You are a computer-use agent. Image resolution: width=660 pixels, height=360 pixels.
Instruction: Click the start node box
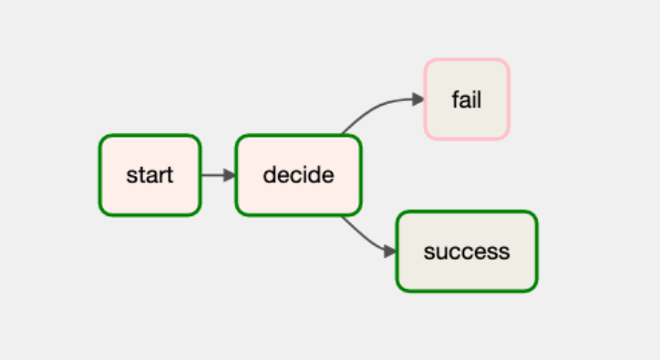click(x=150, y=175)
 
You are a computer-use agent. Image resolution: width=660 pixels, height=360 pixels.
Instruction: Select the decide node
click(x=298, y=175)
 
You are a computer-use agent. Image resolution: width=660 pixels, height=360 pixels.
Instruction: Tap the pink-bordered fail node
click(x=466, y=99)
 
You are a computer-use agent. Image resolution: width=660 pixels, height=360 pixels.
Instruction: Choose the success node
click(x=466, y=252)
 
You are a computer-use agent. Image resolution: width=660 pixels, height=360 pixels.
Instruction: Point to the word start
click(x=150, y=175)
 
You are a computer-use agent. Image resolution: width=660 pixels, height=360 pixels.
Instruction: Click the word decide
click(x=298, y=175)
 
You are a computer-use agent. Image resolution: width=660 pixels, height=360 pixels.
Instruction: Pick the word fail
click(x=466, y=99)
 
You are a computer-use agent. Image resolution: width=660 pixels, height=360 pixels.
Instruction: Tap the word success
click(x=466, y=252)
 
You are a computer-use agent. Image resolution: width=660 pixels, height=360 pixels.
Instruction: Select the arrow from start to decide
click(x=215, y=175)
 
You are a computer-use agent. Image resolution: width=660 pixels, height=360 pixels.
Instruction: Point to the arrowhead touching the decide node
click(x=229, y=175)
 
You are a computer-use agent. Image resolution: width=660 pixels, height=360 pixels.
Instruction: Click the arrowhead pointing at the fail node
click(x=418, y=99)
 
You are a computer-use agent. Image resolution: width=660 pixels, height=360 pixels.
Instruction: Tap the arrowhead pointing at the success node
click(x=389, y=251)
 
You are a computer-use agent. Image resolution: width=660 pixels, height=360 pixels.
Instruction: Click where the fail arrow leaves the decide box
click(x=343, y=135)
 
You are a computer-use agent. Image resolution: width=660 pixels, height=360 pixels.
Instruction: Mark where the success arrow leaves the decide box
click(x=342, y=216)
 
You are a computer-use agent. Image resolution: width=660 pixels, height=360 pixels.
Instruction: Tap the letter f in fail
click(x=455, y=99)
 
